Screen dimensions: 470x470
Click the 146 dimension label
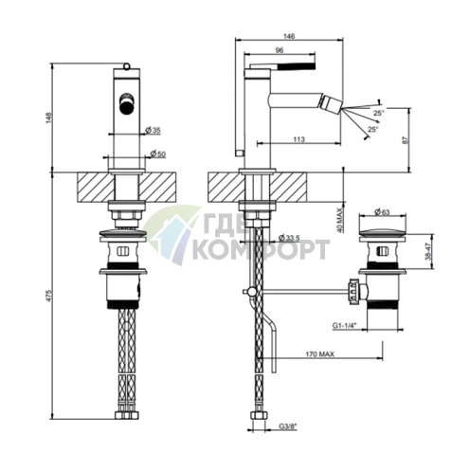pos(289,36)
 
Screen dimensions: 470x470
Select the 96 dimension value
pos(280,50)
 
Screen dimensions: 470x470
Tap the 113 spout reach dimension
pos(298,139)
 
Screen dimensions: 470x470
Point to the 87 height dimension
pos(407,139)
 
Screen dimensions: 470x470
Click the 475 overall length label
pos(48,295)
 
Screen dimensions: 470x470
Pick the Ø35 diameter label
pos(153,130)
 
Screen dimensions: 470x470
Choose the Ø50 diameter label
pos(158,154)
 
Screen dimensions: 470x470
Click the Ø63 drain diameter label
pos(382,212)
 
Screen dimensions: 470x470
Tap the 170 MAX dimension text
pos(319,354)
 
